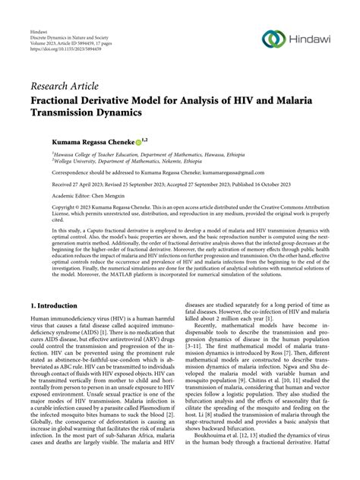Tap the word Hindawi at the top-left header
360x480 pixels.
(34, 21)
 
